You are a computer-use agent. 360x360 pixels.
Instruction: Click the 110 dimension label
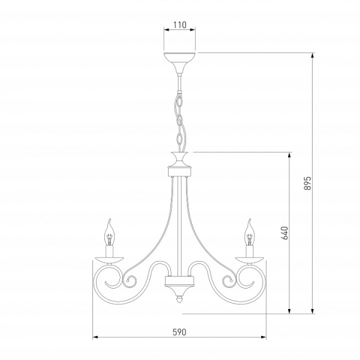pyautogui.click(x=179, y=25)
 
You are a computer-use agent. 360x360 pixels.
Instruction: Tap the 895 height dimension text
pyautogui.click(x=307, y=183)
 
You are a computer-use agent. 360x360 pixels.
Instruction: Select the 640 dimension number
pyautogui.click(x=284, y=233)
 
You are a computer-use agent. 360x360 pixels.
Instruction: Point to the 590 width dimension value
pyautogui.click(x=179, y=332)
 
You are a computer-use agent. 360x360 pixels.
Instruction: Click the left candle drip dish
pyautogui.click(x=110, y=260)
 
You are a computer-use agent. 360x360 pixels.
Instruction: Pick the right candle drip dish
pyautogui.click(x=250, y=260)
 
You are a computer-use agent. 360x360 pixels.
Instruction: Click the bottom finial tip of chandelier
pyautogui.click(x=179, y=300)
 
